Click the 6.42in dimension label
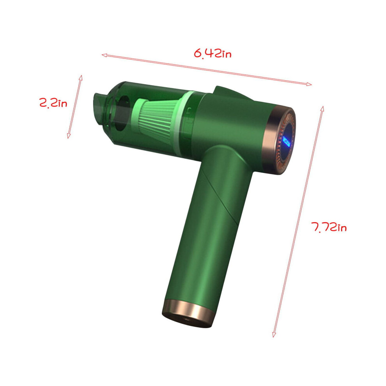(213, 53)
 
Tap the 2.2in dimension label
(53, 103)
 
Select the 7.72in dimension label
(329, 227)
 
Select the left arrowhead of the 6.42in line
(104, 55)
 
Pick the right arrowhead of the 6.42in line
(309, 84)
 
